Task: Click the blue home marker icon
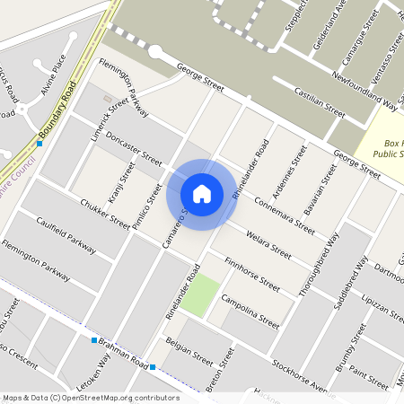coord(202,194)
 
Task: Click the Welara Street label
coord(268,243)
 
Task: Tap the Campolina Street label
coord(250,311)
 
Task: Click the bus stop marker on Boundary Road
coord(40,143)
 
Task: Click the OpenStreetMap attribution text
coord(91,397)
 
